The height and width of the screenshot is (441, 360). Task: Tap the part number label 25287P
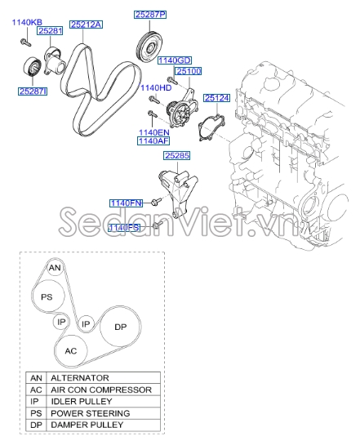point(150,15)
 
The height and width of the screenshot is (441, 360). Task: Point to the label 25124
point(217,98)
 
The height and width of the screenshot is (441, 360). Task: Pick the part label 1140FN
point(127,202)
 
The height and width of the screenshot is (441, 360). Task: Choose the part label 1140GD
point(174,60)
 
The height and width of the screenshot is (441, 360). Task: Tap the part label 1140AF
point(153,140)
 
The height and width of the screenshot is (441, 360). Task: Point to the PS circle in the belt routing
point(47,297)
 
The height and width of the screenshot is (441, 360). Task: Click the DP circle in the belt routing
point(120,327)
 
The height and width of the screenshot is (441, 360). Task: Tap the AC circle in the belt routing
point(71,350)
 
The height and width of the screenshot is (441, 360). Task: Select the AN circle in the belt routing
point(54,268)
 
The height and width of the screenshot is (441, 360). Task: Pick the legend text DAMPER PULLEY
point(87,425)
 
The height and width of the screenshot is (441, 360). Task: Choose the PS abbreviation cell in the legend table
point(36,413)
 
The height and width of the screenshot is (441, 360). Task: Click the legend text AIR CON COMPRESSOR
point(101,390)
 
